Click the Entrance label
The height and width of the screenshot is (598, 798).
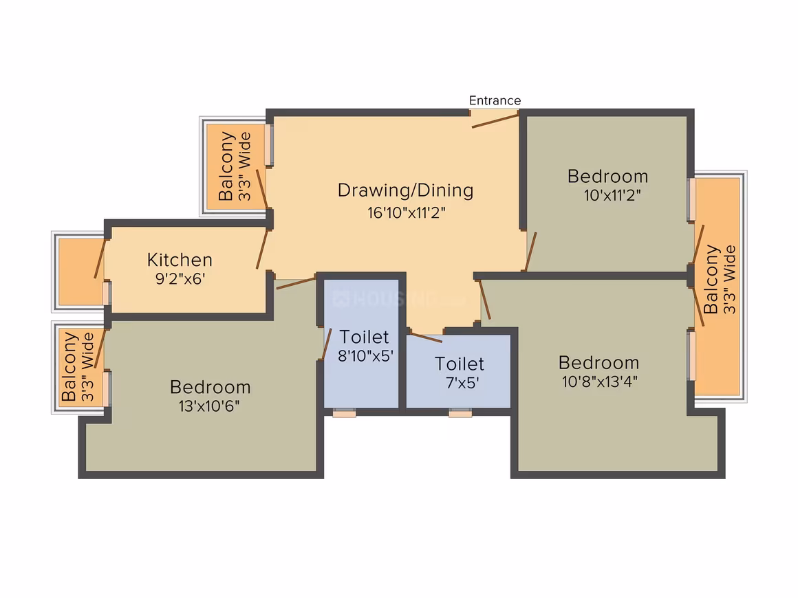[x=495, y=100]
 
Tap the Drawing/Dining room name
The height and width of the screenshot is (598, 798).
[x=406, y=190]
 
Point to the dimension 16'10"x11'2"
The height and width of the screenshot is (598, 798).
[x=406, y=212]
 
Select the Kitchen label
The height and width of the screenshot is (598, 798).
[x=180, y=260]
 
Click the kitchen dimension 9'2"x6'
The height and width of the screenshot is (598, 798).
[x=180, y=278]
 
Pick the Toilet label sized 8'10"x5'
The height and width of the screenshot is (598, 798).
[x=364, y=337]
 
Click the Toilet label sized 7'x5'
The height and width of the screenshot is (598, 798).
[x=459, y=364]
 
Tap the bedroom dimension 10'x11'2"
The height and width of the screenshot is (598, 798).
[x=612, y=195]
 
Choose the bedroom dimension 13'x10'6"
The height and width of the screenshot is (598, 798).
[x=209, y=406]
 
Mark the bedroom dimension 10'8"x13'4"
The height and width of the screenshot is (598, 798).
[x=599, y=381]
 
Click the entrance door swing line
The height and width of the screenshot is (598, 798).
[x=495, y=121]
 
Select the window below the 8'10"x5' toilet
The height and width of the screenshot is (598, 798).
[x=344, y=412]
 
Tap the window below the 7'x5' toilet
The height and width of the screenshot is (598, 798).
[x=460, y=412]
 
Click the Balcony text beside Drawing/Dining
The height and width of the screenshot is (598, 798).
[x=226, y=166]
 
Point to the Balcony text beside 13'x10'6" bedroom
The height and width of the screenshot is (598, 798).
[x=68, y=366]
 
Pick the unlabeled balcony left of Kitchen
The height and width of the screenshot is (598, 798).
[x=80, y=272]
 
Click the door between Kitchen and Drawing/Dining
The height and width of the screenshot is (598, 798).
[x=261, y=249]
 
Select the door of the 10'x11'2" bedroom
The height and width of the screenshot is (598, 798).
[x=531, y=252]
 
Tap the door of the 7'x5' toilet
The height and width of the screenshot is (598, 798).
[x=426, y=337]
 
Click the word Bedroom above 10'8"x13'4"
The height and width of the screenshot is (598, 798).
[x=598, y=362]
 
